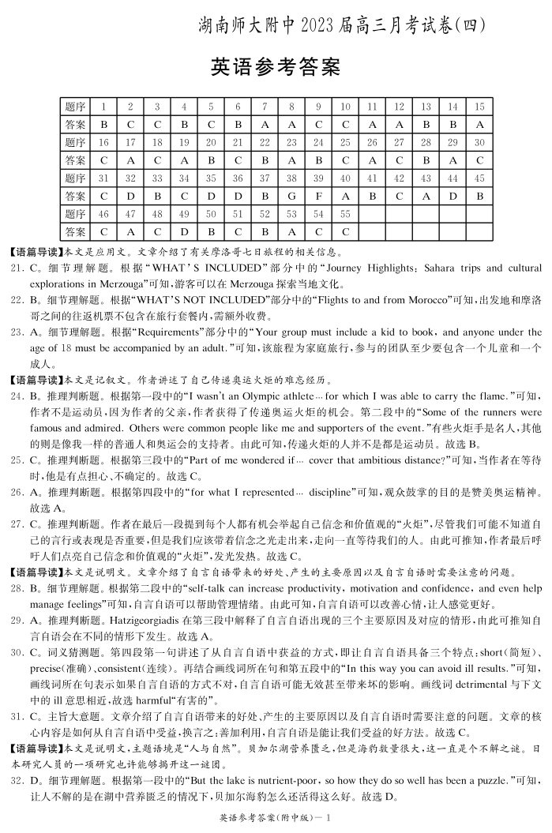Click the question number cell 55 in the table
pyautogui.click(x=345, y=213)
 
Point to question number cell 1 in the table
pyautogui.click(x=103, y=107)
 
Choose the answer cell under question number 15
pyautogui.click(x=479, y=124)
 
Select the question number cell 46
pyautogui.click(x=103, y=213)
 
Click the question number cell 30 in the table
pyautogui.click(x=479, y=142)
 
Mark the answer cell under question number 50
pyautogui.click(x=211, y=231)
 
